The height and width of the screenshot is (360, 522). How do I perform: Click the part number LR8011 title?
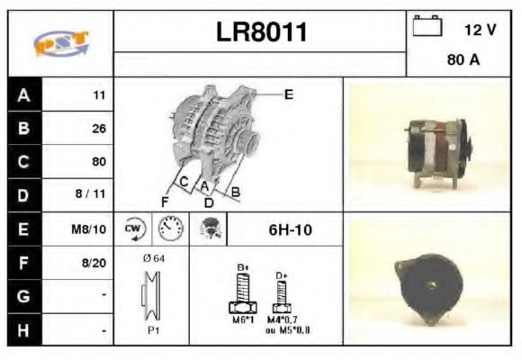point(261,32)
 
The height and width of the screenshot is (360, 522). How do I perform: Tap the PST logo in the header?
point(60,43)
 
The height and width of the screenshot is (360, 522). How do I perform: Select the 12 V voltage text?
point(480,30)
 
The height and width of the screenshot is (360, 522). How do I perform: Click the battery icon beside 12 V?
point(425,27)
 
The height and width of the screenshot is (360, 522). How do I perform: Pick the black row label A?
point(22,94)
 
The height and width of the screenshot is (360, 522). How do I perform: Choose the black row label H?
point(22,330)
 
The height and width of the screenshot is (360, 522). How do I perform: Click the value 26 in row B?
point(99,129)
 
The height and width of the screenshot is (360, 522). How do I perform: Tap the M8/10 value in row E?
point(90,229)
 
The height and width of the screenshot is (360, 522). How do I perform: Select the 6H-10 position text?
point(290,229)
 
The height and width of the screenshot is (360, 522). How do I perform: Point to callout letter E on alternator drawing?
point(288,93)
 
